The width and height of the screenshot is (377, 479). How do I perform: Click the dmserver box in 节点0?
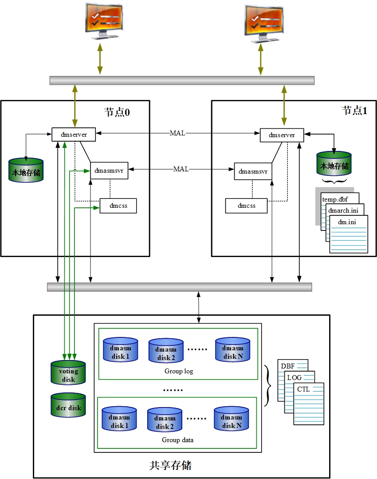tap(74, 135)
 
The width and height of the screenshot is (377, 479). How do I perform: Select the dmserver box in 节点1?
tap(282, 135)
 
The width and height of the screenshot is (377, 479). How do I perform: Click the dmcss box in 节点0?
tap(118, 206)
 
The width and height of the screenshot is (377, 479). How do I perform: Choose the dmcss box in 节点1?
tap(246, 206)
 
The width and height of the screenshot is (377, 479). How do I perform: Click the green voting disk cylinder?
tap(68, 373)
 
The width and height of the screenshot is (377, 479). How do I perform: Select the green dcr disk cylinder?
tap(68, 405)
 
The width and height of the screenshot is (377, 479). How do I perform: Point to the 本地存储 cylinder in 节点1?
tap(334, 164)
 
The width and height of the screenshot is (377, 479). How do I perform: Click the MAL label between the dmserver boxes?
tap(177, 133)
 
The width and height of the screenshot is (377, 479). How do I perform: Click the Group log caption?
tap(179, 371)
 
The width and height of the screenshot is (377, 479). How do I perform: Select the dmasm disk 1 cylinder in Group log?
tap(120, 350)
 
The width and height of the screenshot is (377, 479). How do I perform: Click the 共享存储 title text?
tap(171, 465)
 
